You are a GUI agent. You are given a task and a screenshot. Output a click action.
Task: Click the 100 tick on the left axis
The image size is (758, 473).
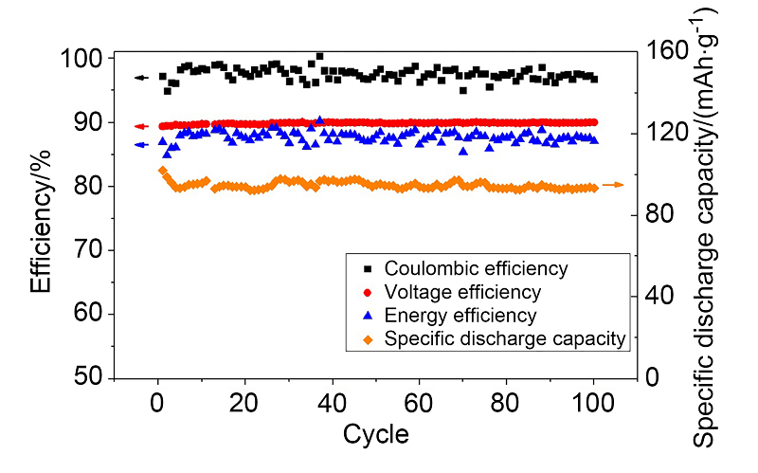(82, 59)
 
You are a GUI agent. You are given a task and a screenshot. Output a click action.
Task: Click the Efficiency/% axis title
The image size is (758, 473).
(41, 218)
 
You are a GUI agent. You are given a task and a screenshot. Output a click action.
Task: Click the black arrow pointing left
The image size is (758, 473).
(142, 78)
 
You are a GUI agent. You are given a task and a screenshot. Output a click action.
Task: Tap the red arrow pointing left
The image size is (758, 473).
(142, 126)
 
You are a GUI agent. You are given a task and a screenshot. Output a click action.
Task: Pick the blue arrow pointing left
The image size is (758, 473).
(142, 145)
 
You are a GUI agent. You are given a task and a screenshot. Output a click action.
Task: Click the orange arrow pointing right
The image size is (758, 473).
(613, 185)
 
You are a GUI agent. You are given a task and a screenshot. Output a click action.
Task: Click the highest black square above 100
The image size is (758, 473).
(319, 56)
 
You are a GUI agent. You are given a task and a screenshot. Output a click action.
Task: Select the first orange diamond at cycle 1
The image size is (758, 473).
(162, 171)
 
